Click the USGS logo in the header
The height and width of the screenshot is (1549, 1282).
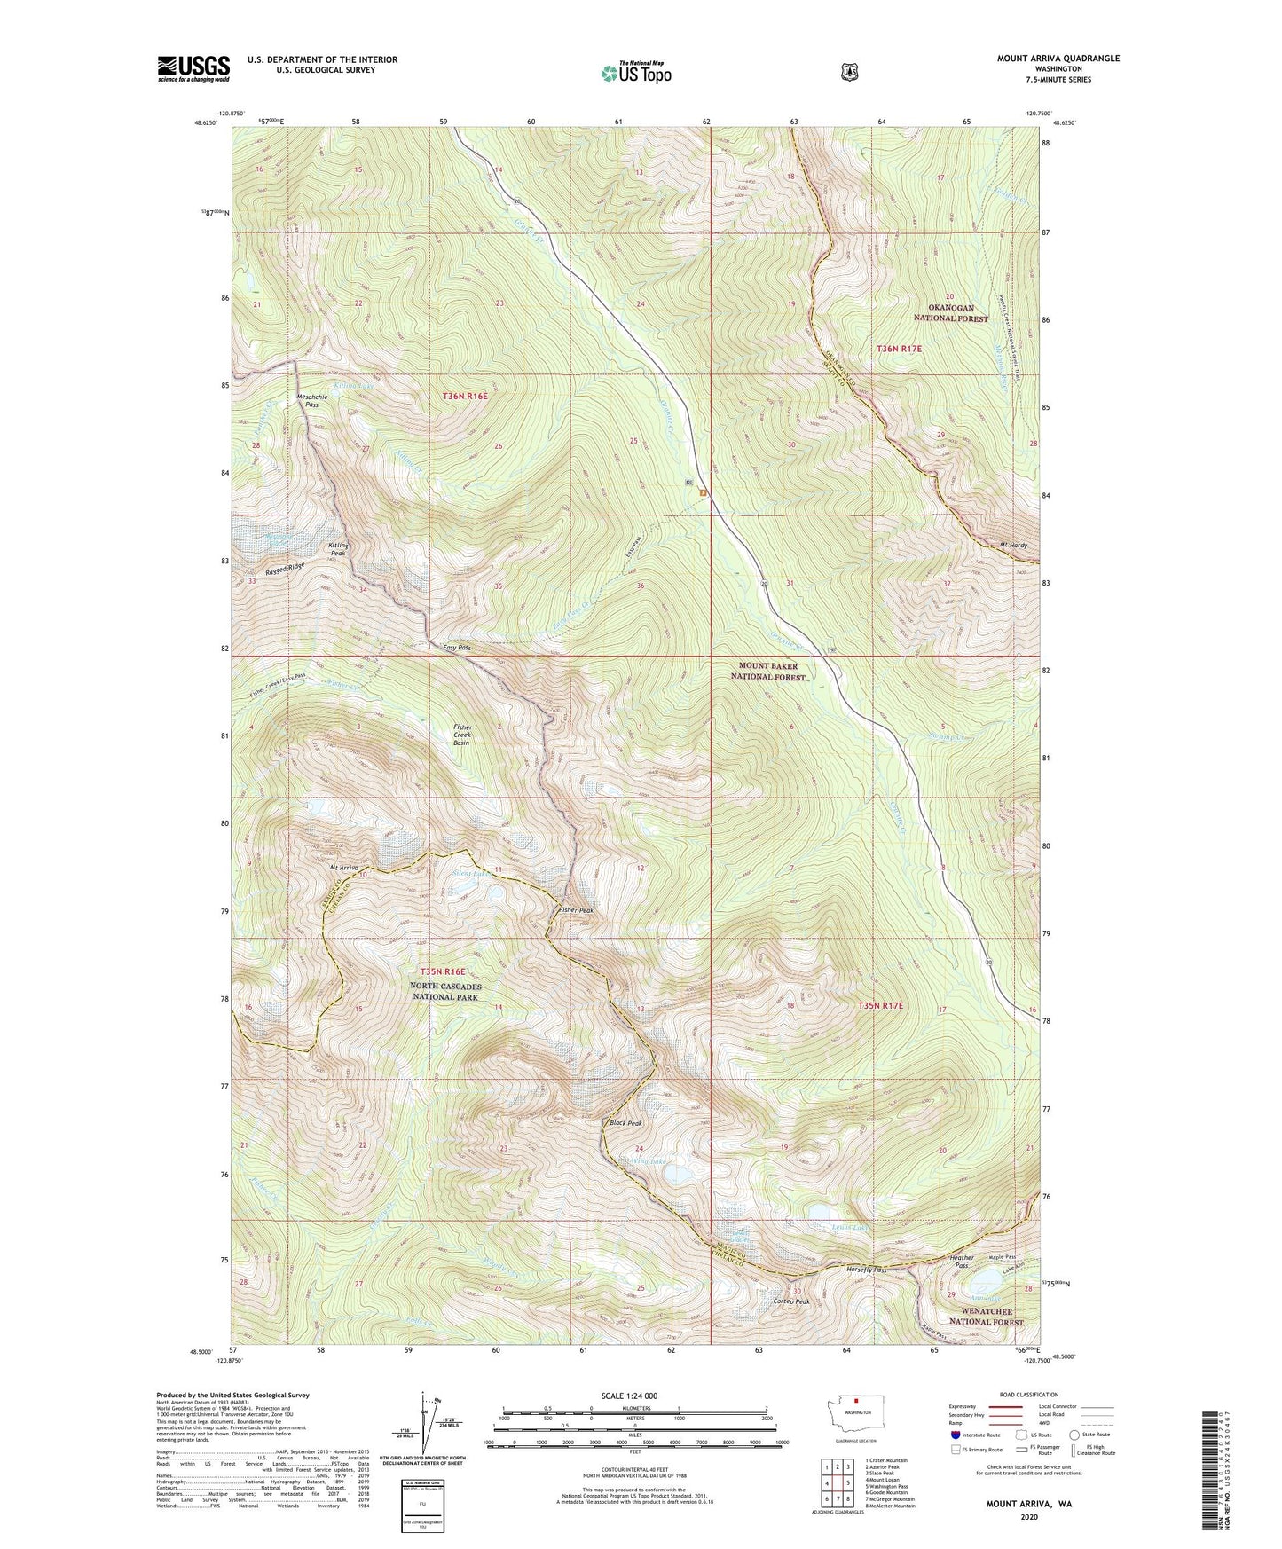click(193, 68)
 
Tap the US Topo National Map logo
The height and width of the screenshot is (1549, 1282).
click(635, 73)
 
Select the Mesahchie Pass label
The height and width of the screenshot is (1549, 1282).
click(311, 401)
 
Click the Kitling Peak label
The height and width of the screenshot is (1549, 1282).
click(339, 549)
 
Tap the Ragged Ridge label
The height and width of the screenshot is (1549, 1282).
click(286, 570)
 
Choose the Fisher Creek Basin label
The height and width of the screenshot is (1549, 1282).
click(462, 735)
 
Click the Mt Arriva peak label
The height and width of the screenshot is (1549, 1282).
click(343, 867)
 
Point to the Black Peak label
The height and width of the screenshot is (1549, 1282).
click(625, 1123)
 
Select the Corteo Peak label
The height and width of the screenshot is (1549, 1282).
click(791, 1301)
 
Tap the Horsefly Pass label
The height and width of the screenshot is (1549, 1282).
click(866, 1270)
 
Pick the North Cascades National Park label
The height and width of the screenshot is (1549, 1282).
click(445, 992)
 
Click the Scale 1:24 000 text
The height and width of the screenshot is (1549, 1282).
click(629, 1396)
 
